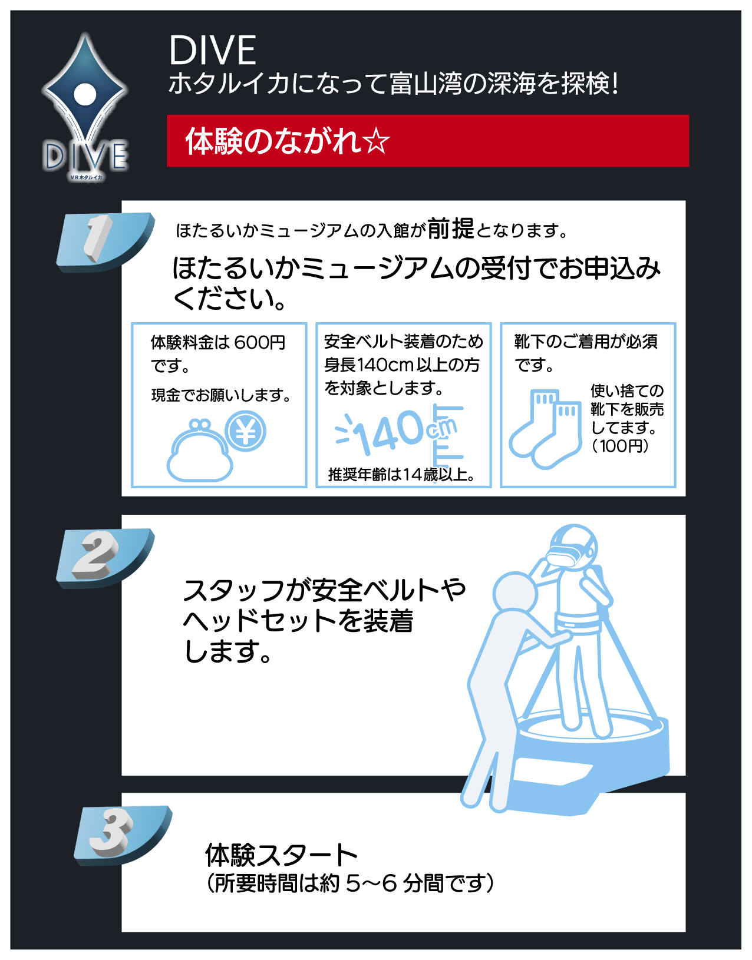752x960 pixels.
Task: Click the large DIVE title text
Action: tap(212, 50)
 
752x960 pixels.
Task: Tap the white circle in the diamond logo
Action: tap(85, 94)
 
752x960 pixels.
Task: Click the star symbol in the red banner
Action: tap(376, 142)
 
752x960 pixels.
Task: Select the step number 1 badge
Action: tap(105, 241)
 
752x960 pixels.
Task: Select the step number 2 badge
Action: tap(105, 558)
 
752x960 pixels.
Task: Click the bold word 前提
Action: tap(450, 229)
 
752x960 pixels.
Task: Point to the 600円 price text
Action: tap(259, 342)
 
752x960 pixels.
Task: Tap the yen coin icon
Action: tap(245, 431)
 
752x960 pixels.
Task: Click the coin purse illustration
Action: tap(199, 451)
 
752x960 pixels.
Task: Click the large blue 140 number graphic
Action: tap(389, 433)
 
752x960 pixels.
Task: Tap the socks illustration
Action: tap(546, 429)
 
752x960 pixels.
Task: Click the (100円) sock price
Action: tap(620, 446)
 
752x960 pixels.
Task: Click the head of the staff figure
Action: tap(515, 594)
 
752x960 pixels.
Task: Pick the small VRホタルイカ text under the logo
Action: tap(86, 178)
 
